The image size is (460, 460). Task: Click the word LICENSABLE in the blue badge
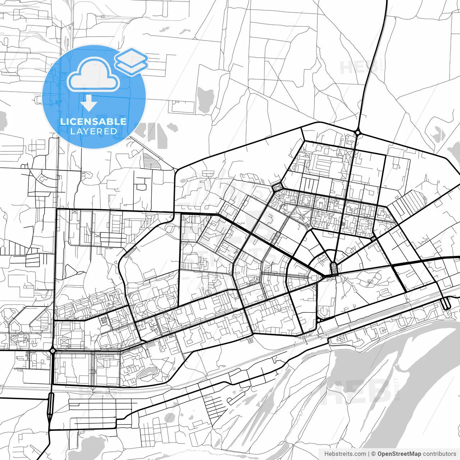[x=93, y=121]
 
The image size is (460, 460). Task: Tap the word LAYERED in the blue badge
[x=93, y=131]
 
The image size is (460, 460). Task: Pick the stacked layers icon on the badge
[x=132, y=61]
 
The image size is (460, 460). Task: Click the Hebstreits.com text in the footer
[x=345, y=454]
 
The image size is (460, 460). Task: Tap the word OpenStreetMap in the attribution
[x=399, y=454]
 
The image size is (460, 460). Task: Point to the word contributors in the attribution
[x=439, y=454]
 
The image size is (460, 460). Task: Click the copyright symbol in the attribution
[x=373, y=454]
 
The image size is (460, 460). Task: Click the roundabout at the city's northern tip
[x=358, y=133]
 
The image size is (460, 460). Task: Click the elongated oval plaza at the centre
[x=334, y=268]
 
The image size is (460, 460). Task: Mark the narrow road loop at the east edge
[x=446, y=303]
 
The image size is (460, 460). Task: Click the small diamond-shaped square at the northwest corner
[x=277, y=187]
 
